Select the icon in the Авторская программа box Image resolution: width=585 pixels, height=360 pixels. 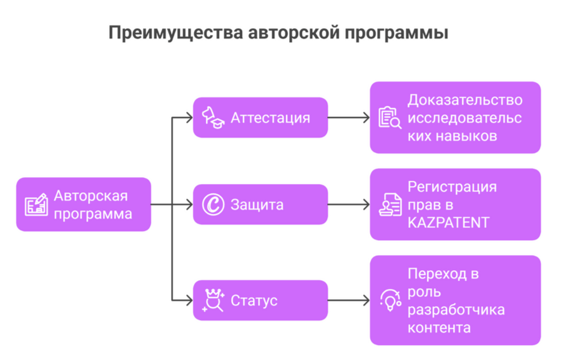click(x=36, y=204)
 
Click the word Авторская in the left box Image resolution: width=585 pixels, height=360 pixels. click(x=91, y=196)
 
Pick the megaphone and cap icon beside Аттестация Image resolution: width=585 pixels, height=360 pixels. click(x=213, y=117)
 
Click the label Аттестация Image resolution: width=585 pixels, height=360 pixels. click(x=270, y=118)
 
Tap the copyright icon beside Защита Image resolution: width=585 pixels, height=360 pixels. click(x=214, y=204)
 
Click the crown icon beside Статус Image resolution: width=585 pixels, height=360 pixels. click(x=214, y=300)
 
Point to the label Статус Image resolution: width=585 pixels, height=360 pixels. click(x=253, y=301)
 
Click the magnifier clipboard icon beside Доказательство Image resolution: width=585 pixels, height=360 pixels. click(x=390, y=118)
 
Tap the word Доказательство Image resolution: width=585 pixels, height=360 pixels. click(x=465, y=100)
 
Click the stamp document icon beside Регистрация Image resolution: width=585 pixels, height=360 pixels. click(x=390, y=204)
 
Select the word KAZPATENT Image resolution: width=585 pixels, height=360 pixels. click(x=448, y=222)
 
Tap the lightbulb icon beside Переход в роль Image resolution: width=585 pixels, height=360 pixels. click(x=390, y=300)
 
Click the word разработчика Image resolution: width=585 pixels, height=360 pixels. click(x=456, y=310)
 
